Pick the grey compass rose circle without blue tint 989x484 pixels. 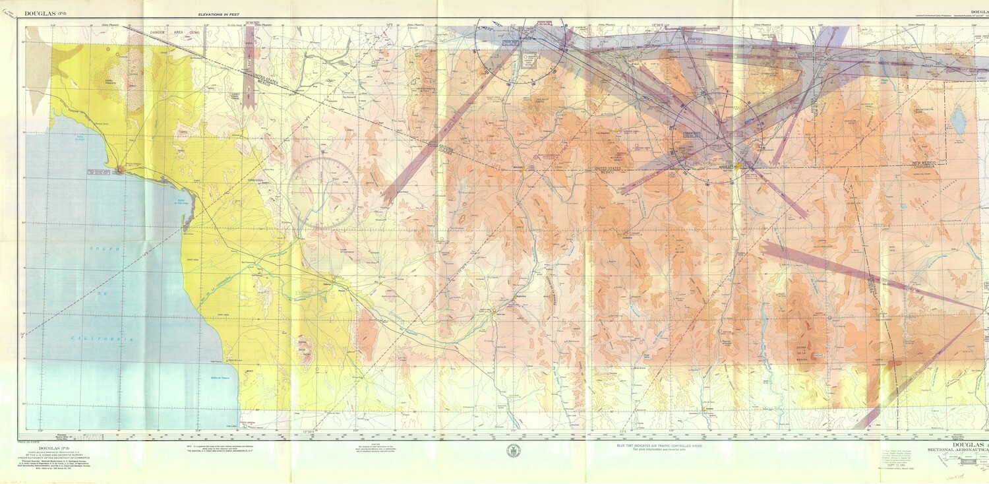(x=322, y=193)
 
